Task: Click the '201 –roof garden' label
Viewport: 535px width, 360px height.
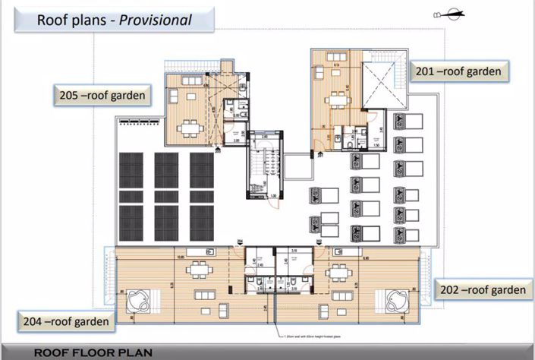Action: (458, 71)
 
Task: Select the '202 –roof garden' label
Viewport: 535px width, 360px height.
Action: (482, 290)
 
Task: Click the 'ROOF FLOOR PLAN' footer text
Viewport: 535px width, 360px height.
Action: (93, 352)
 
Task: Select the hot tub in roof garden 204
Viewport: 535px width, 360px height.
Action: (140, 298)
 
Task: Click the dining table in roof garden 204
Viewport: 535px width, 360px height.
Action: (199, 268)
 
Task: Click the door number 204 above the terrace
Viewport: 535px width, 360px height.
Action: (239, 242)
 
